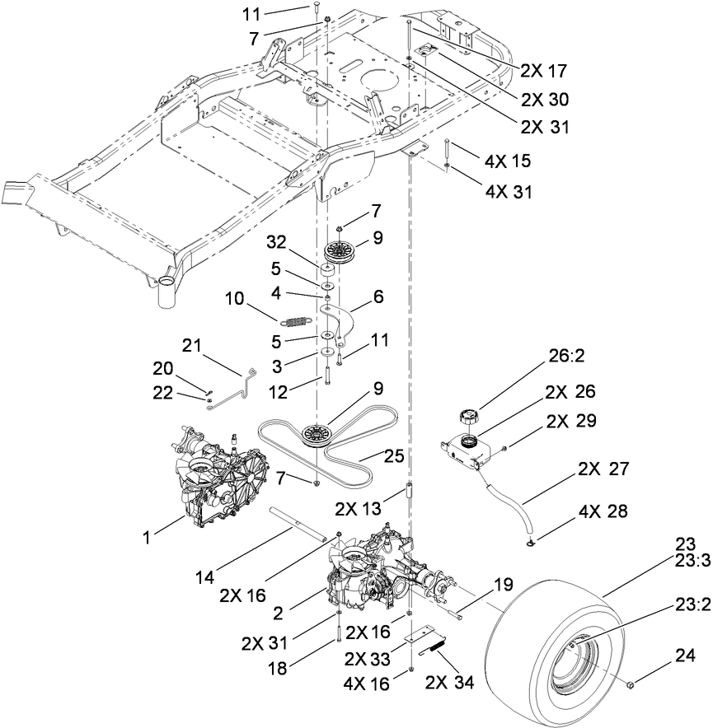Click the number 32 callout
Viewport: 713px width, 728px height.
coord(281,245)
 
